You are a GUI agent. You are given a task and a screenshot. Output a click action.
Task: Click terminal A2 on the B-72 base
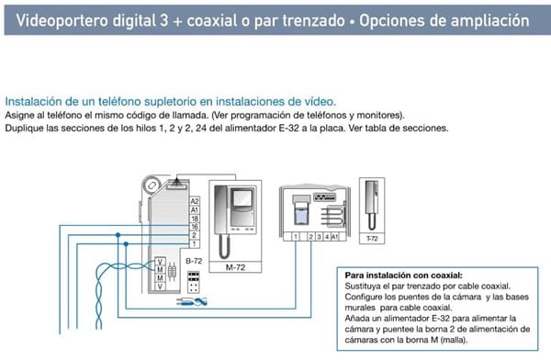point(195,201)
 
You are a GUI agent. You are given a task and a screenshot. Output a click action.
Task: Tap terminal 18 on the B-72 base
point(195,219)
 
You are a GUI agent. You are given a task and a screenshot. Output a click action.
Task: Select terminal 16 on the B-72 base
point(195,227)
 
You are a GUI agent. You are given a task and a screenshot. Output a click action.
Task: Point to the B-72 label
point(194,261)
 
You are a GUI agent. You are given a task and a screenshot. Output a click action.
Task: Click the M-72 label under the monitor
point(235,267)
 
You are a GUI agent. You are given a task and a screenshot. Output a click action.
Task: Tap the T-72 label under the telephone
point(372,239)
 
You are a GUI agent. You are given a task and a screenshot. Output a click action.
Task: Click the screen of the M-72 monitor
point(242,199)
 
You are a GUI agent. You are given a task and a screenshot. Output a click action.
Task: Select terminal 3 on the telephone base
point(319,237)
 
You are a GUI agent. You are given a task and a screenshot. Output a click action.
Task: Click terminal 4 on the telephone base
point(327,237)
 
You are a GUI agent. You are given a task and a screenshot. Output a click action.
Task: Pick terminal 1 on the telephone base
point(296,237)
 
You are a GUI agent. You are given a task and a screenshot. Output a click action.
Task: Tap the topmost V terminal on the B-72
point(160,262)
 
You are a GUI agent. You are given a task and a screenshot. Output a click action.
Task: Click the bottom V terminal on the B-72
point(160,287)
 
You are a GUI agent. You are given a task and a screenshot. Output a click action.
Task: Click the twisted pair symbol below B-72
point(192,301)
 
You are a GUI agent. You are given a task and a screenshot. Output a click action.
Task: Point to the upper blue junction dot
point(118,235)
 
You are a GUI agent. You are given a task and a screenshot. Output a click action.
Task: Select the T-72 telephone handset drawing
point(372,205)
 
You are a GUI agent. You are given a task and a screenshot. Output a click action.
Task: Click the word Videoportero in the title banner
point(62,20)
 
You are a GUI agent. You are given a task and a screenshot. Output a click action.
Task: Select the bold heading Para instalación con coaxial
point(403,276)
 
